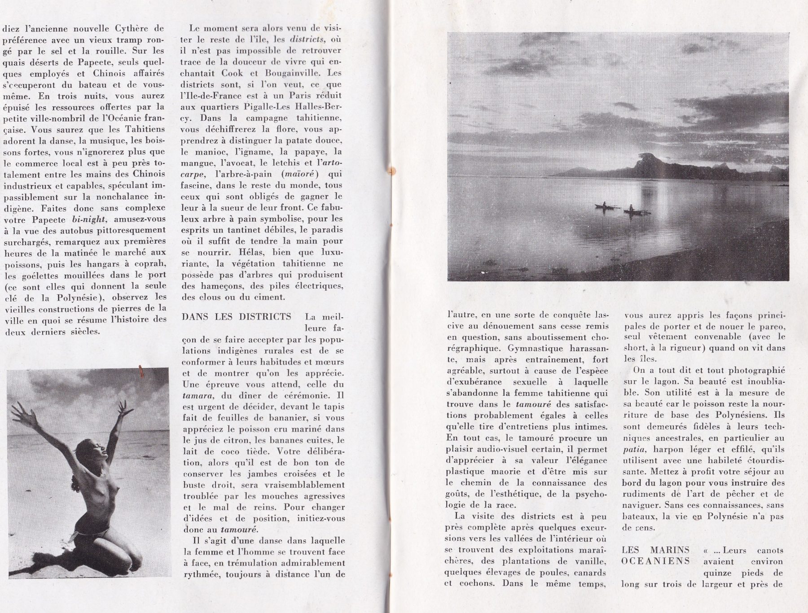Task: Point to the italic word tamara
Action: click(x=197, y=396)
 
